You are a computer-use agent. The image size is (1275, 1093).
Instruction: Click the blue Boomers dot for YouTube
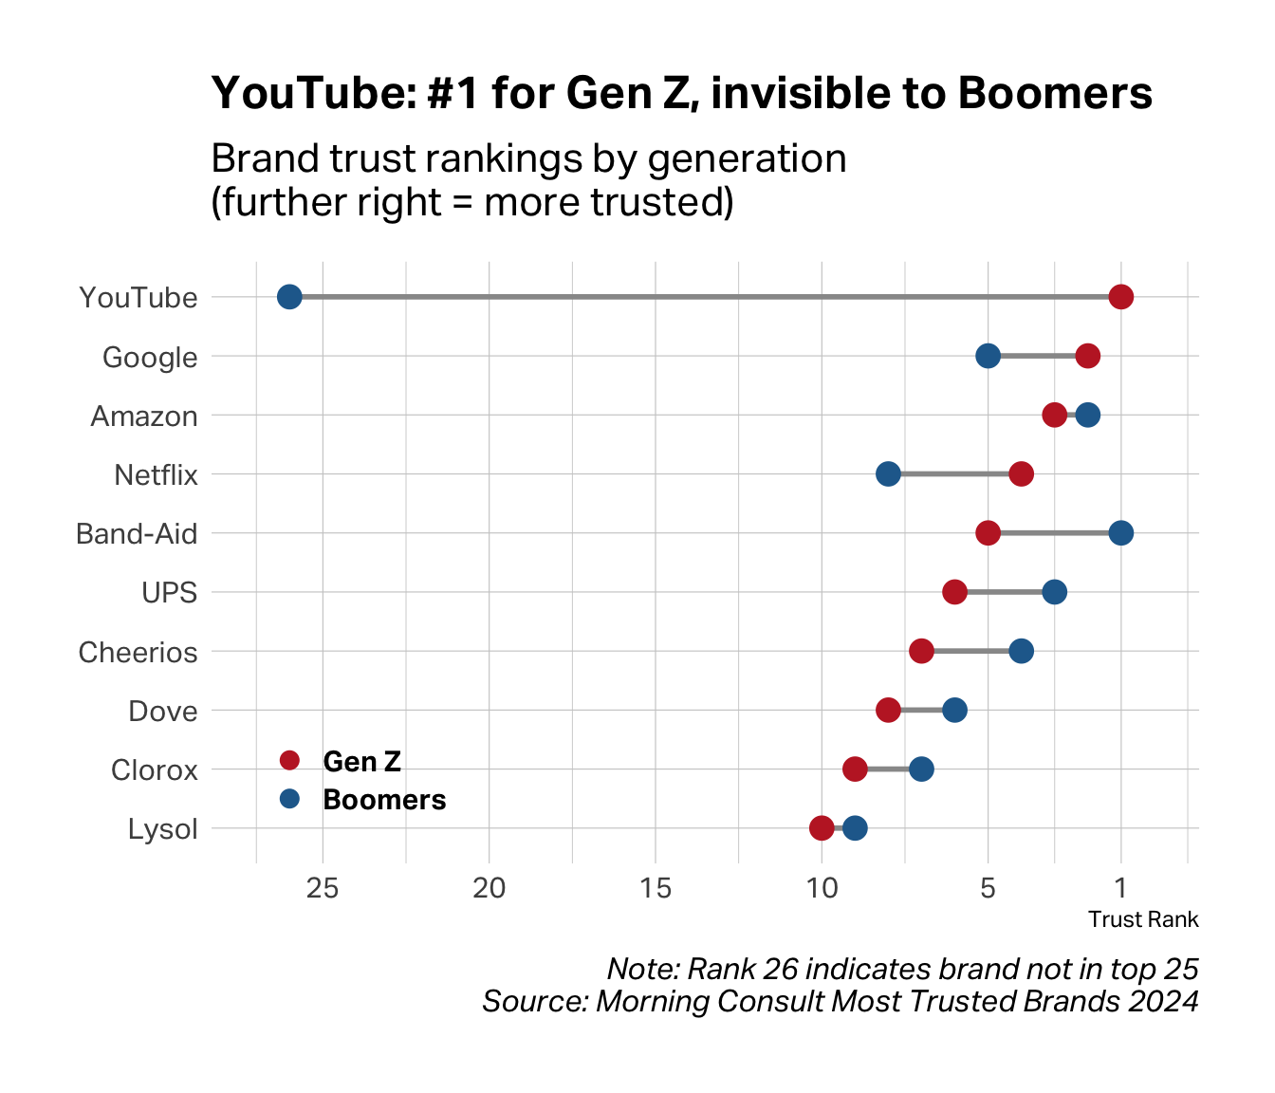coord(289,297)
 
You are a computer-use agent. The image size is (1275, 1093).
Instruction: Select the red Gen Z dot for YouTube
coord(1121,297)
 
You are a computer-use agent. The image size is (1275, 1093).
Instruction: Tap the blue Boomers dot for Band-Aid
coord(1121,533)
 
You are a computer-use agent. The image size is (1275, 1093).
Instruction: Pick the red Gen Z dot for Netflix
coord(1021,474)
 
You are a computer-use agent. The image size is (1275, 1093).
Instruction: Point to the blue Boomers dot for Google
coord(988,357)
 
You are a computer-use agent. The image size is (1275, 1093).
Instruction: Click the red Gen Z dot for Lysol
coord(822,828)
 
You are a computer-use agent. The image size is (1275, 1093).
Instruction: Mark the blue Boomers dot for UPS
coord(1054,592)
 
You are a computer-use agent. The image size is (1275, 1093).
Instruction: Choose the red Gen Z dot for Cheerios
coord(921,651)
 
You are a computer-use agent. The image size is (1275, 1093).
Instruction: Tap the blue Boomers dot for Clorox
coord(921,769)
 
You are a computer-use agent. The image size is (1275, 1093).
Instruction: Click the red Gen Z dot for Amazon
coord(1054,416)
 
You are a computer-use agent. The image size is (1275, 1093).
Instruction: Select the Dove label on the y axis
coord(162,712)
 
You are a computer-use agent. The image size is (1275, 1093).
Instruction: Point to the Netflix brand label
coord(156,475)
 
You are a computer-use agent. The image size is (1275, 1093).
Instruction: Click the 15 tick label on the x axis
coord(656,889)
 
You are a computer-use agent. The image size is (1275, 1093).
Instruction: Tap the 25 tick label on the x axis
coord(323,889)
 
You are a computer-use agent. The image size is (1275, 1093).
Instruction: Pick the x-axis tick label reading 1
coord(1121,889)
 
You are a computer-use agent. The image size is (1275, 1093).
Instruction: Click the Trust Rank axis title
coord(1143,919)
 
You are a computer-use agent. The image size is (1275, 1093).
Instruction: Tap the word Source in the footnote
coord(532,1002)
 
